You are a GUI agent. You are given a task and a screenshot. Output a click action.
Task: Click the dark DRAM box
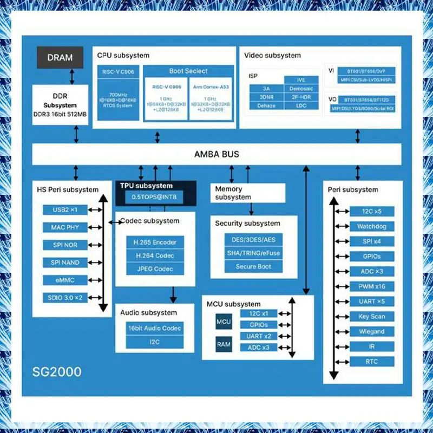point(60,57)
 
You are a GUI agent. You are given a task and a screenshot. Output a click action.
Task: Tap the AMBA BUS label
point(216,154)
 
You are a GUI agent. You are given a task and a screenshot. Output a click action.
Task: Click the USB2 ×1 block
point(64,209)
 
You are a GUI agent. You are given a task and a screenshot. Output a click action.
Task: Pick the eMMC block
point(64,280)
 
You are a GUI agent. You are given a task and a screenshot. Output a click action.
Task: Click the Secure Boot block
point(253,266)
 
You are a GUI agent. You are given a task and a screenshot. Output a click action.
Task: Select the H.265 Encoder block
point(155,242)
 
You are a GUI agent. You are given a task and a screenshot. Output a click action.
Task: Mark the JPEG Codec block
point(155,269)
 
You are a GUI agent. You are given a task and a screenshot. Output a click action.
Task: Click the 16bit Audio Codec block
point(155,328)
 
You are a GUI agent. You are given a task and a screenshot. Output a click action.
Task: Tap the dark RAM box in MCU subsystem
point(224,344)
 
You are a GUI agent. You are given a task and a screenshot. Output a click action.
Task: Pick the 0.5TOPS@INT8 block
point(154,198)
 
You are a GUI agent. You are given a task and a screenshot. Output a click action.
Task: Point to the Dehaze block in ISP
point(266,106)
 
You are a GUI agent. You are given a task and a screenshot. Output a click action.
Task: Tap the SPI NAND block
point(64,263)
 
